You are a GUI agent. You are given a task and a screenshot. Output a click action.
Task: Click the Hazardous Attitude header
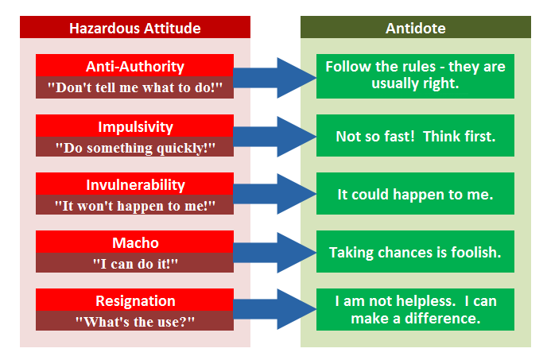coord(135,28)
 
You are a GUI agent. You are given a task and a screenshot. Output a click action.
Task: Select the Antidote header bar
coord(415,28)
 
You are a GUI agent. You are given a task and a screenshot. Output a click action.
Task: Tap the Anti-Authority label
coord(135,66)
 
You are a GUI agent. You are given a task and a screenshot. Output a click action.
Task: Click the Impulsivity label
coord(135,126)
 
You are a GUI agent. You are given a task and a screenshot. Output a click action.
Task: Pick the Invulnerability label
coord(135,184)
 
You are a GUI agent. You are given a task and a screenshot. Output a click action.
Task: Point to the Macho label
coord(135,242)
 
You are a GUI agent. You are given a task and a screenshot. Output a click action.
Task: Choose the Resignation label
coord(135,300)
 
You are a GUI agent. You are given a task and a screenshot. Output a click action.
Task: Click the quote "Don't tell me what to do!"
coord(135,87)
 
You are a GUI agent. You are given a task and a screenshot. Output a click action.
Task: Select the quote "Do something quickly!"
coord(135,147)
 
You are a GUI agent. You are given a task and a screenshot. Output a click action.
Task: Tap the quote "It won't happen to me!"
coord(135,205)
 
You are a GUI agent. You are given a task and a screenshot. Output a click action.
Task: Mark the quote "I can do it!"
coord(135,263)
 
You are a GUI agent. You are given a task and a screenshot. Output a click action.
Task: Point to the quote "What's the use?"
coord(135,321)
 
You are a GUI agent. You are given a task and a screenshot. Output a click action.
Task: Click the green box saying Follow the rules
coord(415,75)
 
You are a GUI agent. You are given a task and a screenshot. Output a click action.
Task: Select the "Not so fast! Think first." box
coord(415,137)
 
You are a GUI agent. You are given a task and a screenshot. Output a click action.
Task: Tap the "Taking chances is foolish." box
coord(415,253)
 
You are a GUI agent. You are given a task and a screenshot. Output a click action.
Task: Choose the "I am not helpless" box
coord(415,310)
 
